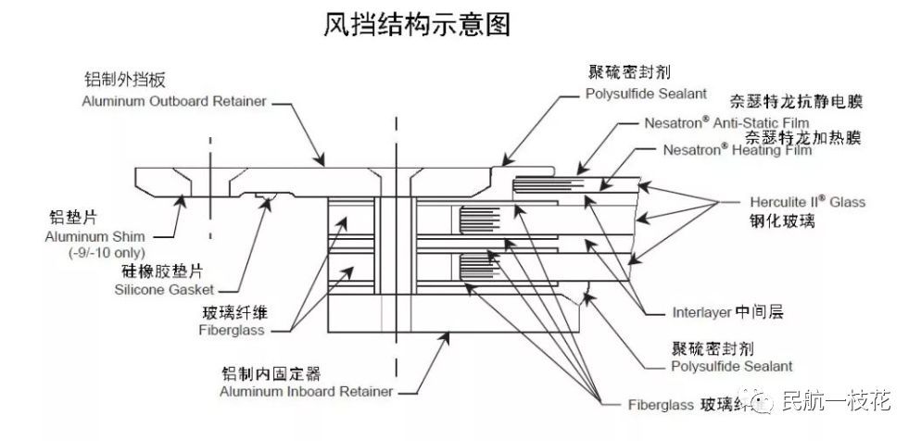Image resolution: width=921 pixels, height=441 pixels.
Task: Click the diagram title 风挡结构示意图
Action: coord(416,25)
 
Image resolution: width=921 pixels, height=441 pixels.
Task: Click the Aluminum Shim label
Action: coord(86,238)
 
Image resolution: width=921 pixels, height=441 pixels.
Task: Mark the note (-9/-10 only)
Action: coord(95,253)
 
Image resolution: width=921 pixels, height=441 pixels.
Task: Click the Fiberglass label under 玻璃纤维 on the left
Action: coord(231,330)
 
